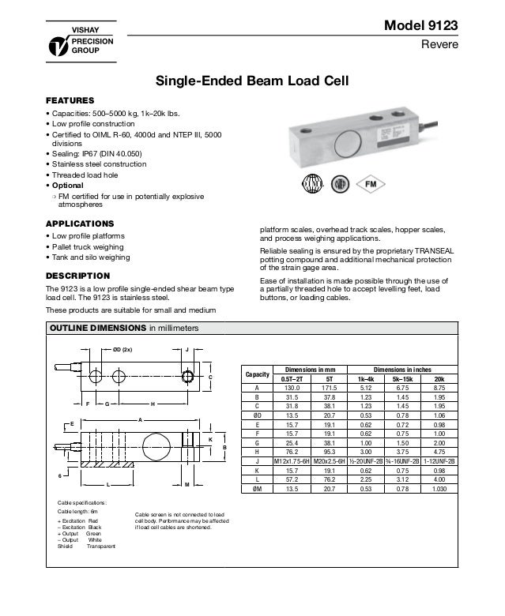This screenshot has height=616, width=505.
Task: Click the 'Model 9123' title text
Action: [420, 26]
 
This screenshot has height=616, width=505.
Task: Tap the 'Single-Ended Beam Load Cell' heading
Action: [251, 81]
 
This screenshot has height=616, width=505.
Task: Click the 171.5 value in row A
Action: [329, 388]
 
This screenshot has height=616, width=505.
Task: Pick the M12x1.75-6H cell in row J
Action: [292, 460]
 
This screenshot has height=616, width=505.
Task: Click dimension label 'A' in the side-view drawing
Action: [140, 419]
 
